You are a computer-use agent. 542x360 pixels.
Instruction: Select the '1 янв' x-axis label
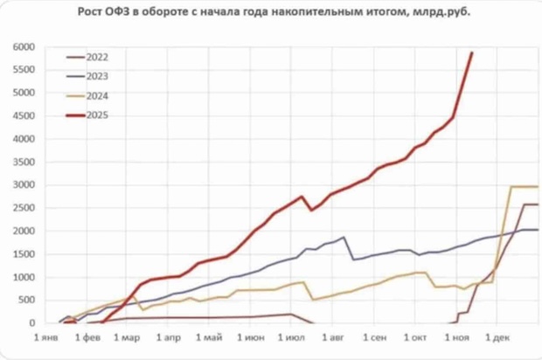pyautogui.click(x=47, y=337)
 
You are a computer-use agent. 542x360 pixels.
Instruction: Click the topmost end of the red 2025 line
pyautogui.click(x=473, y=52)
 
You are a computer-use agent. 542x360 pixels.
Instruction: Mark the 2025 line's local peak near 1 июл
pyautogui.click(x=302, y=197)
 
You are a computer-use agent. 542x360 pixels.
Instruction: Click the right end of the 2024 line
pyautogui.click(x=537, y=187)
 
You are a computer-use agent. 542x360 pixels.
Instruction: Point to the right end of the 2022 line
pyautogui.click(x=537, y=204)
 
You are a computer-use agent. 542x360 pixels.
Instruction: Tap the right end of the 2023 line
pyautogui.click(x=537, y=230)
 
